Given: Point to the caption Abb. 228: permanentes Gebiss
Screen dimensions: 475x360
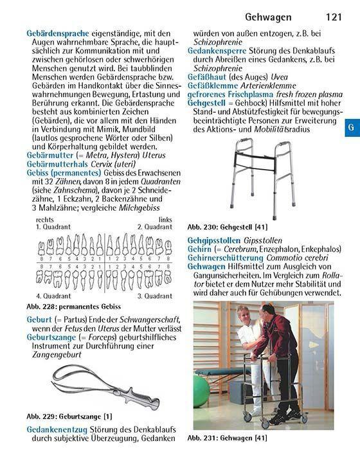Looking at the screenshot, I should tap(74, 307).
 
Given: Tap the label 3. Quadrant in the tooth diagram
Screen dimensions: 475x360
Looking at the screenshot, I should tap(155, 296).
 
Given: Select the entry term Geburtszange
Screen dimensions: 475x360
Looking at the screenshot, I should tap(53, 336).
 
